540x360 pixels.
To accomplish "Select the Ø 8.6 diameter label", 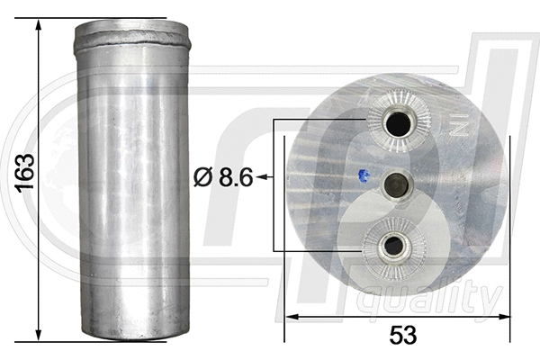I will click(221, 178).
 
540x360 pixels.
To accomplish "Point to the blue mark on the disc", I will click(362, 175).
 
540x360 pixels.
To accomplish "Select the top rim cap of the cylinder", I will click(133, 34).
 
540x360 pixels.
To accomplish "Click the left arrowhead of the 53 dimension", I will click(291, 316).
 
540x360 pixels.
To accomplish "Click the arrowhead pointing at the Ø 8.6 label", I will click(260, 178).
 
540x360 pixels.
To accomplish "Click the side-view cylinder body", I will click(132, 180).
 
